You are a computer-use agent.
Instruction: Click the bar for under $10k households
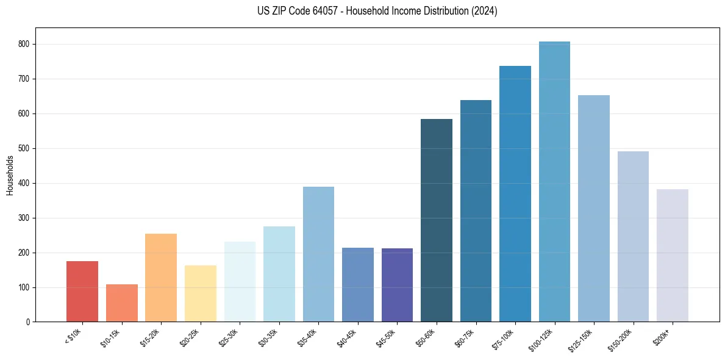point(82,291)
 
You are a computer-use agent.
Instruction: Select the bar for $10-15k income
point(121,303)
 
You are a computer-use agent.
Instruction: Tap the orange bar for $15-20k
point(161,278)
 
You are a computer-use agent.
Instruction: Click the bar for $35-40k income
point(318,254)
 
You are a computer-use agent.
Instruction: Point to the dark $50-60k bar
point(437,220)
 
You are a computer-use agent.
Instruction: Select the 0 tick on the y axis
point(28,322)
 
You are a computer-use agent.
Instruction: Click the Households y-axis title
point(10,175)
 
